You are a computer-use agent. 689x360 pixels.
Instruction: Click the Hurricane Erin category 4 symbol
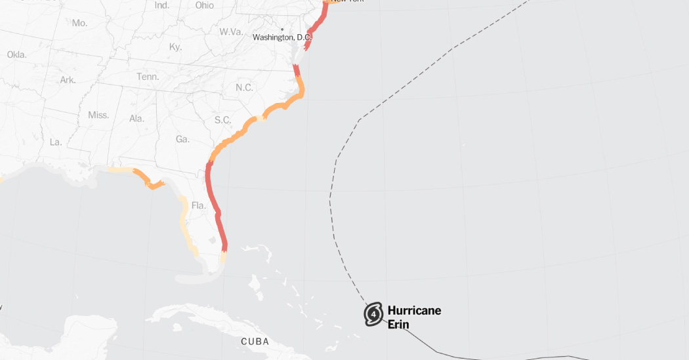coord(374,314)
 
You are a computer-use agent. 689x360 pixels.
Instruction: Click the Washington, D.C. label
coord(282,38)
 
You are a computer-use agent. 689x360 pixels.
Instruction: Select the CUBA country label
coord(255,342)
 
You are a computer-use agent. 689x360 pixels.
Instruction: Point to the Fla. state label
coord(199,206)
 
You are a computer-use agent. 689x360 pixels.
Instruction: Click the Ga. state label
coord(182,139)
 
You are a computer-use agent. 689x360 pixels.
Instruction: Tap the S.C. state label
coord(223,120)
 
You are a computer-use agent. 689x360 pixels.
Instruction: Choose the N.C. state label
coord(244,88)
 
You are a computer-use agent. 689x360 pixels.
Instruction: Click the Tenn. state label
coord(148,77)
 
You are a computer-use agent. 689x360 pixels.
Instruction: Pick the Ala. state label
coord(136,119)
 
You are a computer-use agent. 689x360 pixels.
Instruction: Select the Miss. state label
coord(98,115)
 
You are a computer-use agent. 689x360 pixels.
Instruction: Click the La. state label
coord(55,142)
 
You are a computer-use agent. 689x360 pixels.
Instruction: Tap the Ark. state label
coord(68,80)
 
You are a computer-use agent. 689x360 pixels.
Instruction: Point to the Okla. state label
coord(16,54)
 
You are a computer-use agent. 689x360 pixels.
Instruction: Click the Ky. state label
coord(175,47)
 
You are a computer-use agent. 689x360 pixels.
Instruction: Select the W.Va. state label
coord(232,31)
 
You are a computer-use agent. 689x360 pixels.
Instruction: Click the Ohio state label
coord(205,5)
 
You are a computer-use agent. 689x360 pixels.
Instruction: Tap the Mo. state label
coord(79,23)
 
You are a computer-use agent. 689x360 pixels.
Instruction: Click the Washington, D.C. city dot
coord(282,30)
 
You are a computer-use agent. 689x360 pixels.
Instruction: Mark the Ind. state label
coord(161,5)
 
